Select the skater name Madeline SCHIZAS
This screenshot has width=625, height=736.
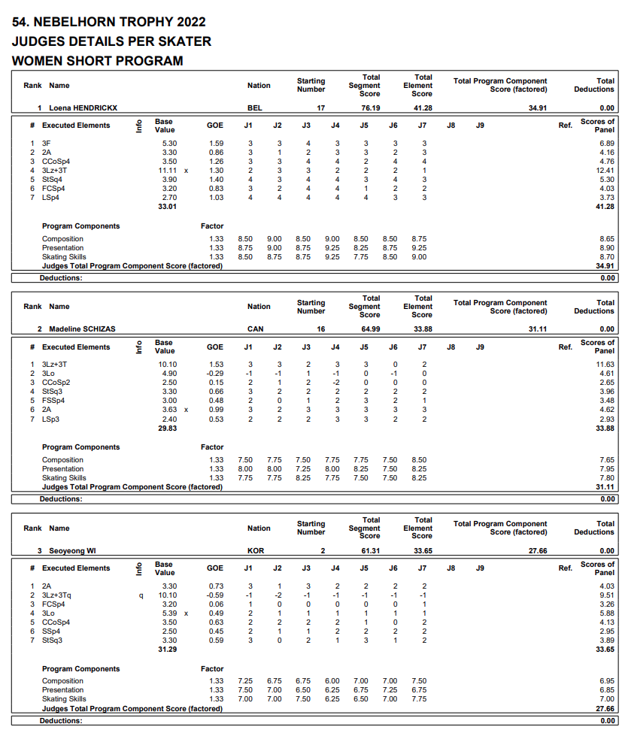pos(82,329)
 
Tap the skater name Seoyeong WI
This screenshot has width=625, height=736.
pos(73,551)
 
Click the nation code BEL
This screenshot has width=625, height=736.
pos(255,108)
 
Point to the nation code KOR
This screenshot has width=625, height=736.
pos(256,551)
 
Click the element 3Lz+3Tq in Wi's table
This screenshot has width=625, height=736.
pos(57,595)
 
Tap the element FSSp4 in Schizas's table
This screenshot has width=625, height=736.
pos(53,401)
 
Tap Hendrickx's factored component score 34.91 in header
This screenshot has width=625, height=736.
pos(537,108)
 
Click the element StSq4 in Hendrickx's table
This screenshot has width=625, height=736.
pos(53,180)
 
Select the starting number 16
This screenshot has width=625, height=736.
pos(320,329)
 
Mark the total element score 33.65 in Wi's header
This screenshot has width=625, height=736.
pos(422,551)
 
